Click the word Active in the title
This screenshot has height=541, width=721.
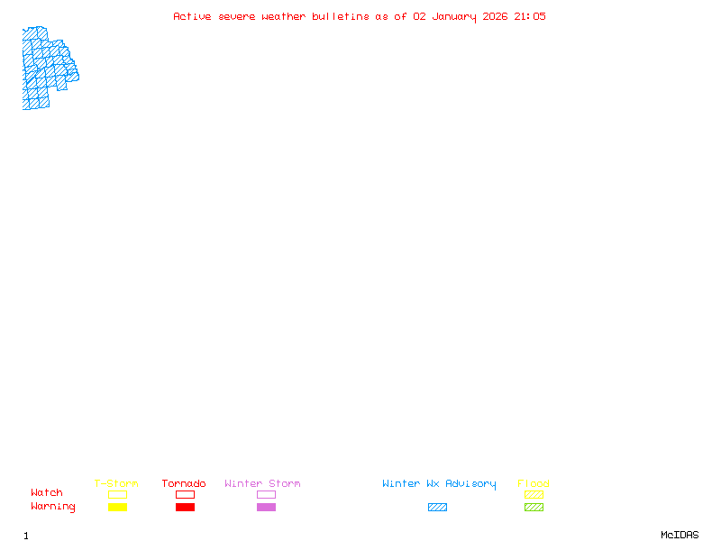click(193, 16)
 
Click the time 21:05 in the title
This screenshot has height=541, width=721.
click(530, 16)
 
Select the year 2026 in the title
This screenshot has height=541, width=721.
click(496, 16)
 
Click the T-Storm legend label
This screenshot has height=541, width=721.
click(116, 484)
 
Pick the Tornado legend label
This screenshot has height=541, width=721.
click(184, 484)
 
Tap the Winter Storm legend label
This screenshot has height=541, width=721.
click(262, 484)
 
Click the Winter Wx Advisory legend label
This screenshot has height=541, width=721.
click(439, 484)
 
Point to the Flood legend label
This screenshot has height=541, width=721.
click(534, 484)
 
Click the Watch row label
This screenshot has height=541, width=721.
click(47, 493)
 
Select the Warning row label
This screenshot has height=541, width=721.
click(53, 507)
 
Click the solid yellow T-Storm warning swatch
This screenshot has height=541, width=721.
click(117, 508)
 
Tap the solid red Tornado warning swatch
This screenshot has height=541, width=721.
click(185, 508)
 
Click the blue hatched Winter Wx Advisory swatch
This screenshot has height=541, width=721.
click(437, 508)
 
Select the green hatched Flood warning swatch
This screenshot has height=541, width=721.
click(534, 508)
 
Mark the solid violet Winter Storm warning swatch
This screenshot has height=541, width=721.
click(266, 508)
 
